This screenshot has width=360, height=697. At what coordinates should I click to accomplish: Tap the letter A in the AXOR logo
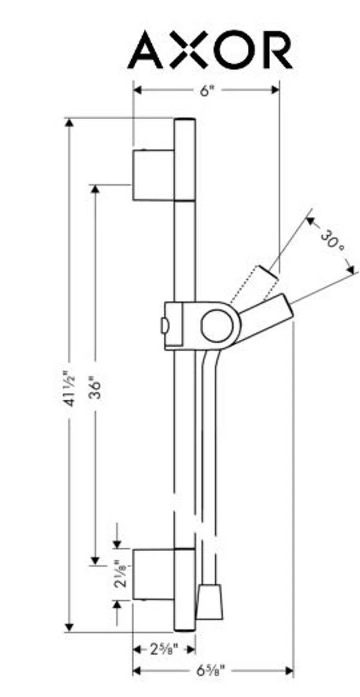click(147, 50)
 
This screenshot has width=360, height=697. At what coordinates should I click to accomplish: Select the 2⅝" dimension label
click(163, 649)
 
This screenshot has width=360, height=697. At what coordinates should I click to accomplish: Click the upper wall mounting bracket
click(154, 174)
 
